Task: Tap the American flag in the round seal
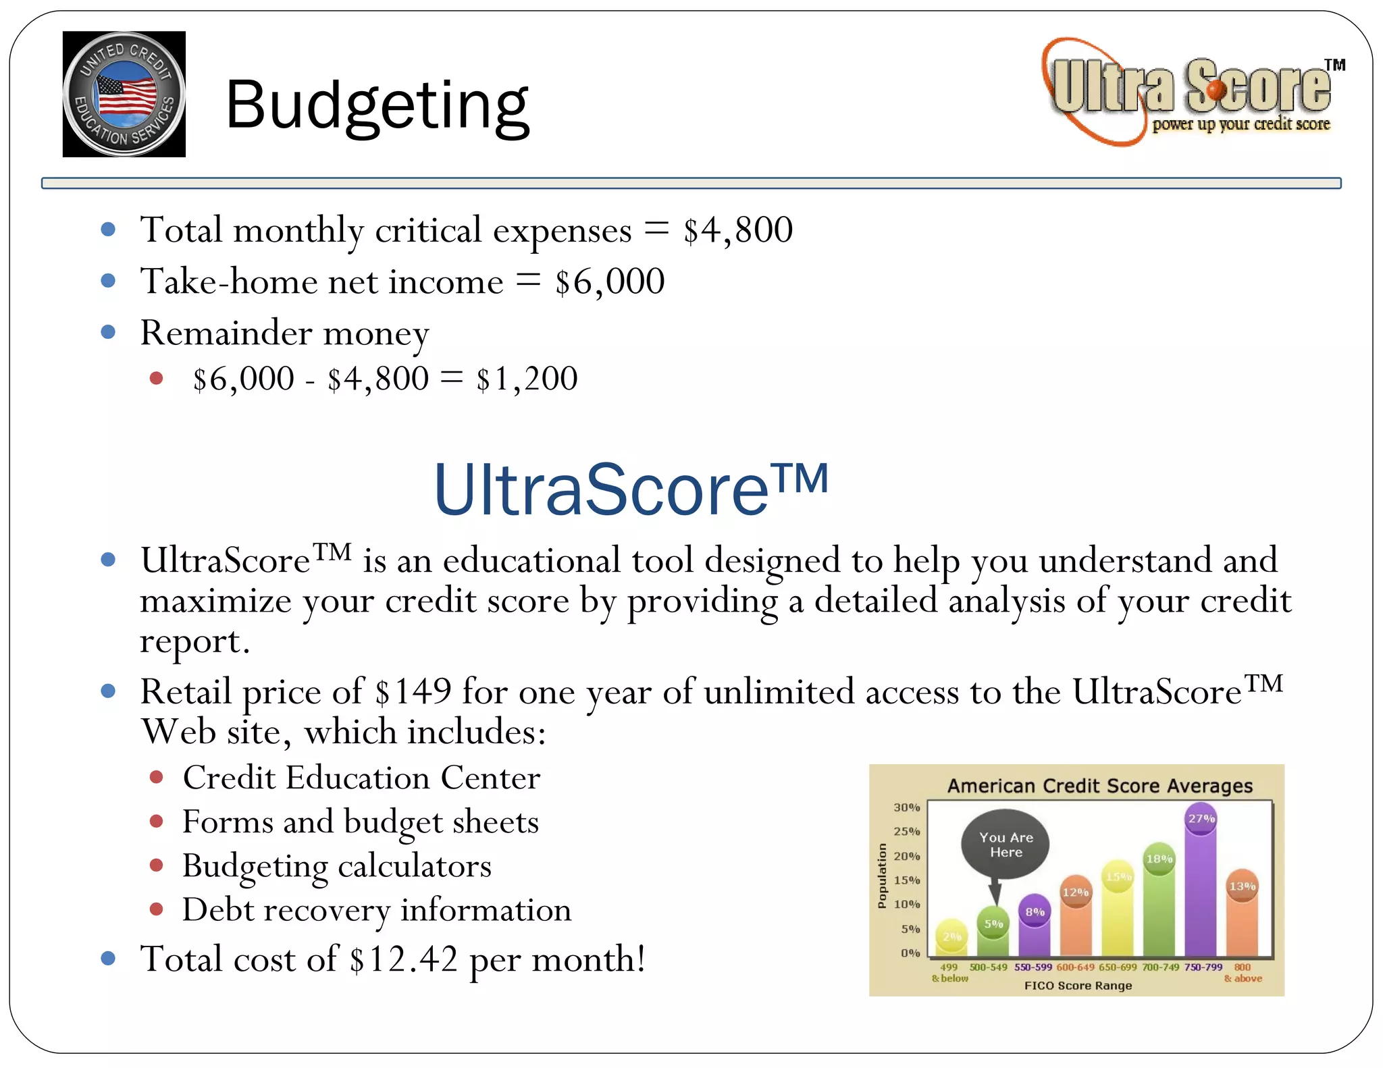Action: pos(126,95)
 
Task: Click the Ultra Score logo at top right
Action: pos(1192,91)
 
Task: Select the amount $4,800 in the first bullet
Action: pos(737,230)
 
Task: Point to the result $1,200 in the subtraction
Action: pos(527,379)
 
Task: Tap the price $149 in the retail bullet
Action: pos(413,692)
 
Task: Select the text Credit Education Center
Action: pos(361,778)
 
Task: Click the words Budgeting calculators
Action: pos(336,866)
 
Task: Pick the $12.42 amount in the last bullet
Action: pos(404,959)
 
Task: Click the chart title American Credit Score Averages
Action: pos(1099,786)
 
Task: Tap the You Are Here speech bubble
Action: pos(1006,845)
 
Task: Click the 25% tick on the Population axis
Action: pos(906,832)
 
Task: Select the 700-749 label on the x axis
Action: pos(1160,967)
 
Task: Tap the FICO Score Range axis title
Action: pos(1078,986)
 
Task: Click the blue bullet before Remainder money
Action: pos(108,332)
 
